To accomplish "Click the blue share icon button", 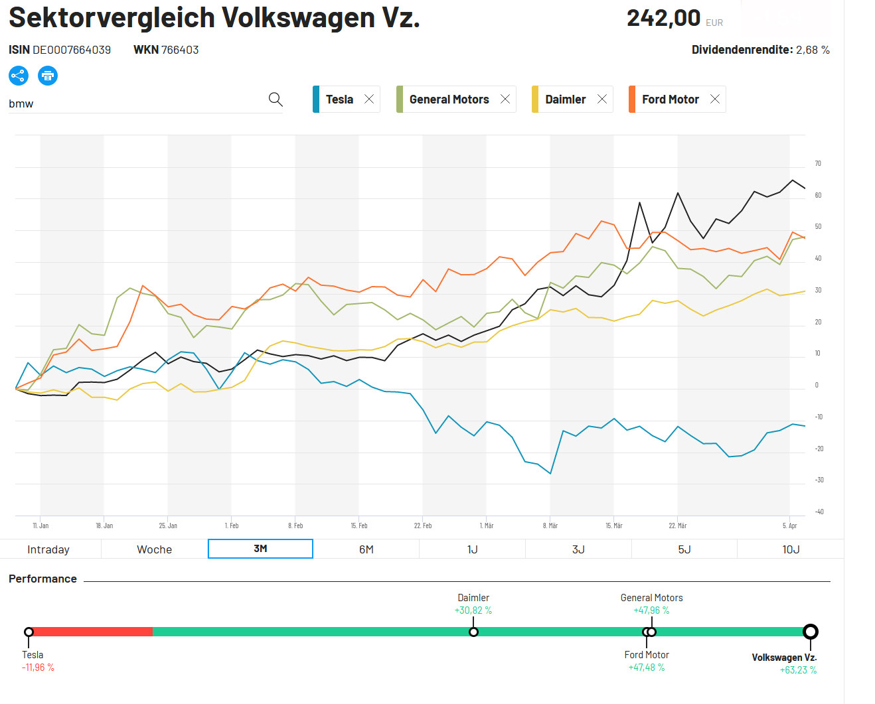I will point(19,76).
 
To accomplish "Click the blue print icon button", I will point(48,76).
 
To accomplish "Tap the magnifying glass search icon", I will point(276,100).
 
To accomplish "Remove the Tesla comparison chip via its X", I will point(369,99).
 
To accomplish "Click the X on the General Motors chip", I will point(505,99).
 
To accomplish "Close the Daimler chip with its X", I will point(602,99).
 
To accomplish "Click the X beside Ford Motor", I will point(715,99).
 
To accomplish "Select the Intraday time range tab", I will point(48,549).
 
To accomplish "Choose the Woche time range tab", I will point(154,549).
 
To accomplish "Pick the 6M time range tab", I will point(366,549).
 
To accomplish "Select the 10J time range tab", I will point(791,549).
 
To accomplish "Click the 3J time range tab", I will point(578,549).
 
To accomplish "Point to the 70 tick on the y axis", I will point(818,163).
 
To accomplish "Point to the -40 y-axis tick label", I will point(819,512).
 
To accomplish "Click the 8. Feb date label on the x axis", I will point(295,526).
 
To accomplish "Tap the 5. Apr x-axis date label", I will point(789,526).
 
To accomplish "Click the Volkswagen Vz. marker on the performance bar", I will point(811,632).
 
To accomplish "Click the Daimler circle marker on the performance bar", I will point(473,632).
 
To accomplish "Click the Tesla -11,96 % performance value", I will point(38,668).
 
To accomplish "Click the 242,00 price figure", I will point(663,18).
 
